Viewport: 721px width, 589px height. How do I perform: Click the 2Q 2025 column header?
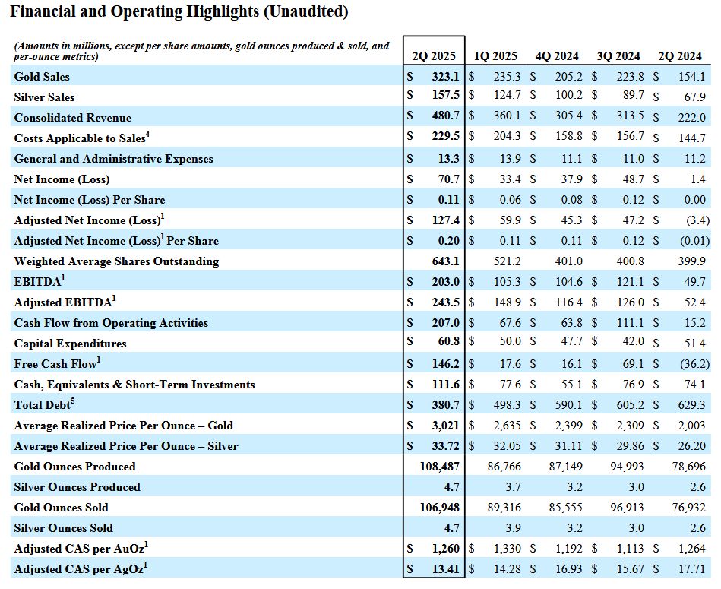tap(434, 56)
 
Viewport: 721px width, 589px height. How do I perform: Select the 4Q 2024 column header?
tap(557, 56)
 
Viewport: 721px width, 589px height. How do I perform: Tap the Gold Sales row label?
tap(42, 77)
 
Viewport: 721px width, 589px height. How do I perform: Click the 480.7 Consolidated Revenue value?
tap(444, 118)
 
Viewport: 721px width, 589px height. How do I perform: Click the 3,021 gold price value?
tap(444, 426)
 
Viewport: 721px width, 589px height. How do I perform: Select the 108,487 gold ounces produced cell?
tap(439, 467)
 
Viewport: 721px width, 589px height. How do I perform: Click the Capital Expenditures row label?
tap(70, 344)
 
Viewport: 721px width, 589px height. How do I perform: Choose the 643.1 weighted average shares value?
tap(445, 261)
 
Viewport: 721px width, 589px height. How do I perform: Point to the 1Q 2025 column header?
tap(495, 56)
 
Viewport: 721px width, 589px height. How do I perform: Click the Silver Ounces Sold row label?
tap(63, 528)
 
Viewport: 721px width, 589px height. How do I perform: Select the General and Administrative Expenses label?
tap(113, 159)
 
